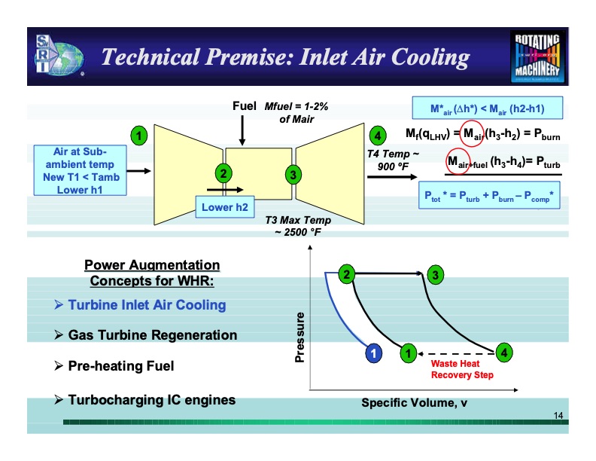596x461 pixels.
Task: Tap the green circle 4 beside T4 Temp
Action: tap(379, 136)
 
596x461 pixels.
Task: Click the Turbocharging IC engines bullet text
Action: tap(151, 400)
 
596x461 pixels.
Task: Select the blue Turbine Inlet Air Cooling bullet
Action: tap(147, 305)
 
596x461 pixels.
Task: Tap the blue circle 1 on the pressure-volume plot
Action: tap(372, 352)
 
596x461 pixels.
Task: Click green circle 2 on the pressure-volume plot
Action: tap(347, 274)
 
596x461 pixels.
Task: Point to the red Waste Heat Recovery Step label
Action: tap(462, 369)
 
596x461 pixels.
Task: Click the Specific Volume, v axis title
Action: tap(414, 403)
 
